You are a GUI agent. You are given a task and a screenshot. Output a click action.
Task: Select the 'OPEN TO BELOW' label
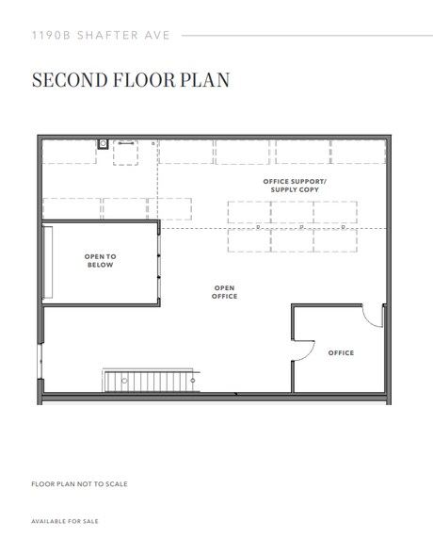click(100, 261)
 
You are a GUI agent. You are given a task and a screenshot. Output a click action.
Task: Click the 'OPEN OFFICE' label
click(225, 292)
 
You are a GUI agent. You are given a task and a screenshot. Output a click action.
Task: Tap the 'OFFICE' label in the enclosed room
click(341, 353)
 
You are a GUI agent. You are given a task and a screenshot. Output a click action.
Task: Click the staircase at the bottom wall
click(151, 381)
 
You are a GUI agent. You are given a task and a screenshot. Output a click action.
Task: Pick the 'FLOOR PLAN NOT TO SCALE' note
click(79, 484)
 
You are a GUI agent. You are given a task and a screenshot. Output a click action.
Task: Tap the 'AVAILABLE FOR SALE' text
click(64, 521)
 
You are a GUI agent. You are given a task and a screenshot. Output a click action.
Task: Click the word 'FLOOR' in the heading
click(152, 79)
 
